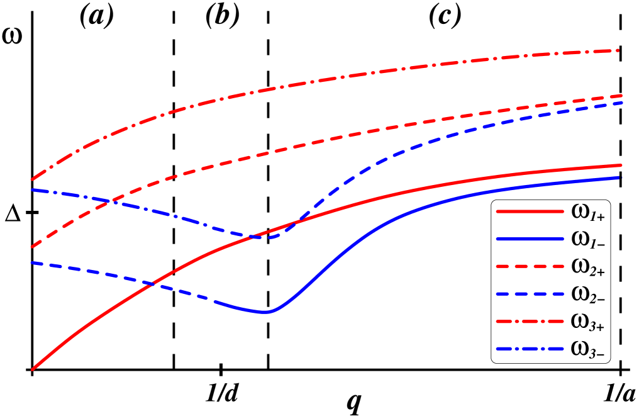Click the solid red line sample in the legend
(x=530, y=212)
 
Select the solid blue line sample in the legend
(x=530, y=239)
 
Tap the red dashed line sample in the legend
(x=530, y=267)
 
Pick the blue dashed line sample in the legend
(x=530, y=294)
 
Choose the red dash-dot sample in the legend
(x=530, y=322)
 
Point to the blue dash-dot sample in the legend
(x=530, y=349)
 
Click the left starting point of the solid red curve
(x=32, y=369)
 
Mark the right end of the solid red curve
(x=621, y=166)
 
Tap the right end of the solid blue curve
(x=621, y=178)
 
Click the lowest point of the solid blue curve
(x=265, y=312)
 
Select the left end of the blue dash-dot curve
(x=32, y=189)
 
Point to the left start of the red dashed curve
(x=32, y=247)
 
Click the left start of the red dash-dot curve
(x=32, y=180)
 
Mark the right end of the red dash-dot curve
(x=620, y=50)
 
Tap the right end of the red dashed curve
(x=621, y=96)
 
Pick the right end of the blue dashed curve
(x=621, y=102)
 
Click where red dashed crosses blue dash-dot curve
(x=111, y=201)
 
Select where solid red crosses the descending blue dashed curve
(x=151, y=284)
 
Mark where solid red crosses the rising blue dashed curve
(x=295, y=223)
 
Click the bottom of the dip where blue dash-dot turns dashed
(x=264, y=238)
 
